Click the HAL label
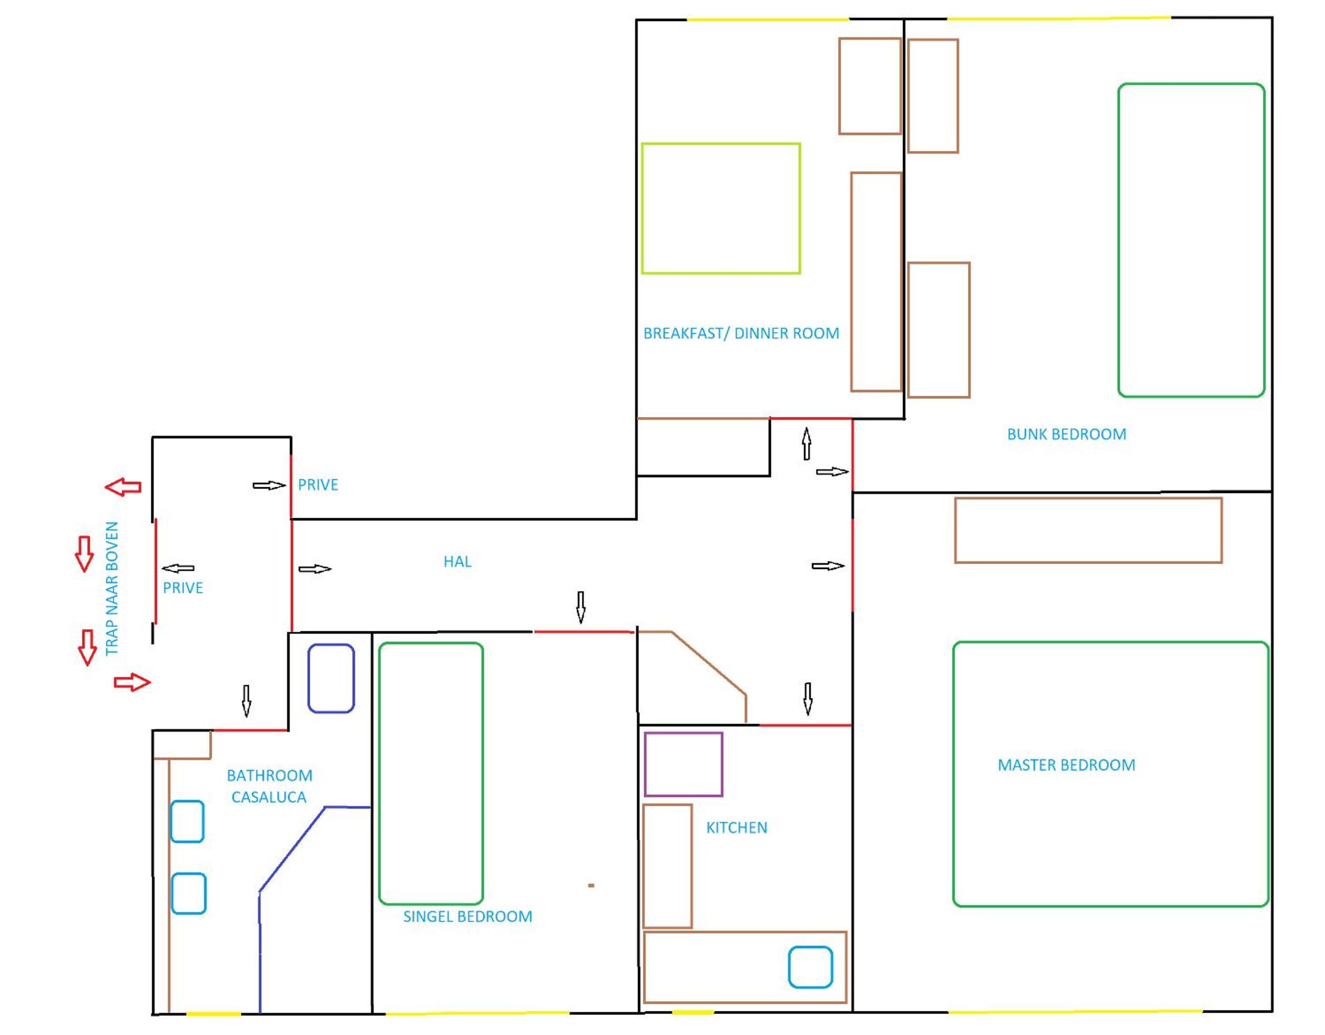(x=457, y=561)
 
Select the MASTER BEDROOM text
(x=1066, y=765)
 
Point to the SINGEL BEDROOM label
(x=468, y=916)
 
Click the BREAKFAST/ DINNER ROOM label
(x=741, y=333)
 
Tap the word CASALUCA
(x=269, y=797)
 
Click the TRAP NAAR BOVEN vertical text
(x=112, y=589)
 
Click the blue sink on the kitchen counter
(x=811, y=967)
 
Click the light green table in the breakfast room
(x=721, y=143)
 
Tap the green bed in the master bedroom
(x=1110, y=642)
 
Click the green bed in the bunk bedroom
(x=1191, y=84)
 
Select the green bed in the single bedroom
(x=431, y=644)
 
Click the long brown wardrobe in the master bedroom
(x=1088, y=498)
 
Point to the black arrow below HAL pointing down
(x=580, y=607)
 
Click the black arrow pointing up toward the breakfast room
(x=806, y=444)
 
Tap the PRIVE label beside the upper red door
(x=318, y=485)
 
